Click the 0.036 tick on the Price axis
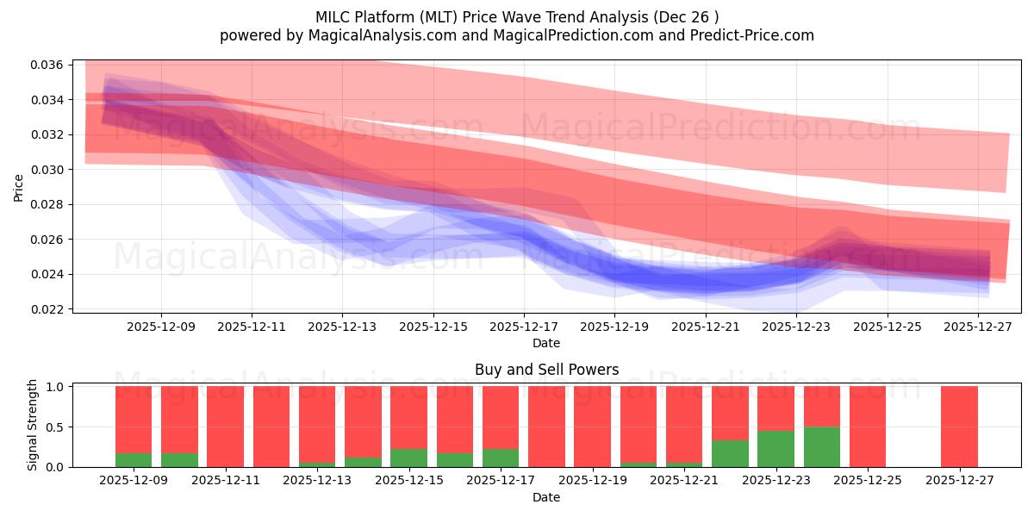tap(48, 65)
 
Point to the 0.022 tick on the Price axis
tap(48, 308)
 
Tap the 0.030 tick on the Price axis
tap(48, 170)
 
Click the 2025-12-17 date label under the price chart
tap(524, 327)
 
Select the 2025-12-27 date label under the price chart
tap(979, 327)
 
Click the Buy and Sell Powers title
tap(546, 370)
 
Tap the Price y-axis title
tap(19, 187)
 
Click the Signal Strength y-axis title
tap(33, 425)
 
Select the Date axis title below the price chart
tap(546, 343)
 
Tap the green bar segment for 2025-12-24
tap(821, 446)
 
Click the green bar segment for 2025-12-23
tap(775, 449)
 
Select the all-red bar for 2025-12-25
tap(868, 427)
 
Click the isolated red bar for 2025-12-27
tap(959, 427)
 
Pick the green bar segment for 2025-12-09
tap(134, 460)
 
